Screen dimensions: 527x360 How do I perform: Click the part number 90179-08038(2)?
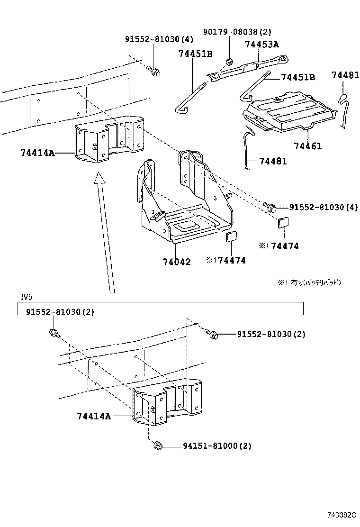tap(237, 32)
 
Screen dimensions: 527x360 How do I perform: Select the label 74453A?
tap(262, 45)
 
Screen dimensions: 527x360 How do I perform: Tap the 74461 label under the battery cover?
tap(307, 146)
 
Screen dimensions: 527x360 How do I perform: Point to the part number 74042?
tap(177, 262)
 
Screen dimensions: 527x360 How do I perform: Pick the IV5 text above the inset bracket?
tap(26, 297)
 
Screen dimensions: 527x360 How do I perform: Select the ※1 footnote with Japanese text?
tap(309, 282)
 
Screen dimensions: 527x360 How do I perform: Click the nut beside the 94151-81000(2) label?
tap(158, 445)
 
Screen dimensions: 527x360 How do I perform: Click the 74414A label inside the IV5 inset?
tap(94, 416)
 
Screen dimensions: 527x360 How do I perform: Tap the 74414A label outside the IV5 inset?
tap(37, 153)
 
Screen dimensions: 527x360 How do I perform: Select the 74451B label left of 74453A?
tap(195, 54)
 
